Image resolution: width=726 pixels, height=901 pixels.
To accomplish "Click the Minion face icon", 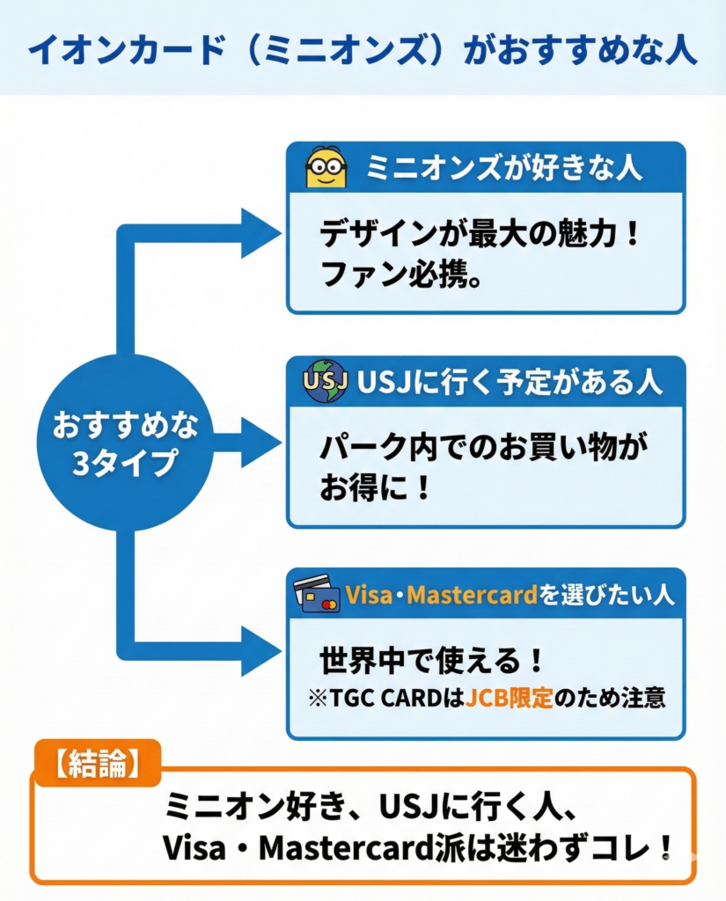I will pyautogui.click(x=326, y=167).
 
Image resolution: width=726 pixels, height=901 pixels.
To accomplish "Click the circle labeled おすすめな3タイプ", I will pyautogui.click(x=124, y=443).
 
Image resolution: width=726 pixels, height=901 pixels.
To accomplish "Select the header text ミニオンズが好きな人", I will pyautogui.click(x=504, y=168).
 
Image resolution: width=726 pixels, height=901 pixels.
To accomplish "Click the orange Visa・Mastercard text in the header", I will pyautogui.click(x=441, y=595).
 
